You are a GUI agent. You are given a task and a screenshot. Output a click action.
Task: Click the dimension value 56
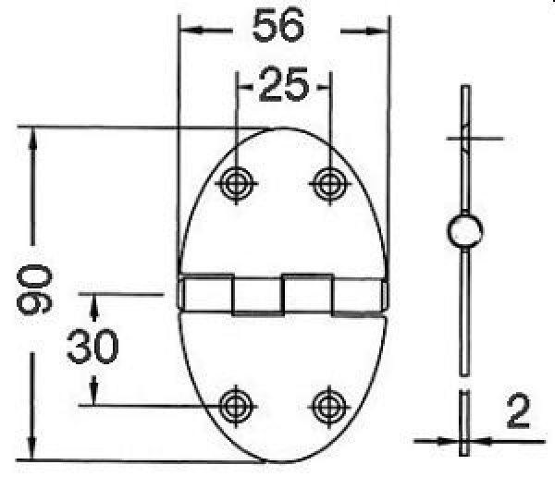[x=278, y=27]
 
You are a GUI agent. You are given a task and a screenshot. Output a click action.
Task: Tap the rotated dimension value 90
[x=34, y=289]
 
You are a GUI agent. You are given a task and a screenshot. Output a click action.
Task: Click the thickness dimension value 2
[x=519, y=412]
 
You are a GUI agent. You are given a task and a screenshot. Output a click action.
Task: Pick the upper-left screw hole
[x=237, y=182]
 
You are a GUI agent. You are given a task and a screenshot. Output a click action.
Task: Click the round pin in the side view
[x=463, y=232]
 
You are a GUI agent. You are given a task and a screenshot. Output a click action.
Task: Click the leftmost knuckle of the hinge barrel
[x=205, y=294]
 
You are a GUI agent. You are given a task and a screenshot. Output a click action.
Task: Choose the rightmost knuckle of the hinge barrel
[x=358, y=294]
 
